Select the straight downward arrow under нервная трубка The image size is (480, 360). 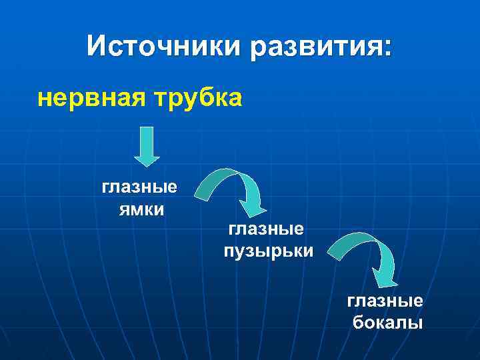[x=147, y=146]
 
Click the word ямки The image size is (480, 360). [x=142, y=209]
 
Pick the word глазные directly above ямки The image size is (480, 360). [x=139, y=187]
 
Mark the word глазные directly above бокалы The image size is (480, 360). [x=385, y=301]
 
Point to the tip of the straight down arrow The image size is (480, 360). [x=147, y=163]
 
